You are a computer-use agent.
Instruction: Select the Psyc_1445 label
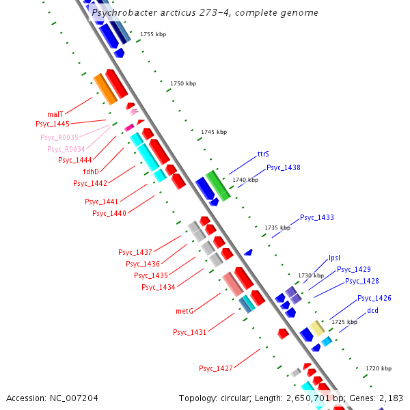53,124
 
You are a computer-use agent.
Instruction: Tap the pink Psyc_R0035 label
59,137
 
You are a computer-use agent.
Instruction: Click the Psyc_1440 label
109,213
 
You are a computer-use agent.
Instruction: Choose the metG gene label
184,311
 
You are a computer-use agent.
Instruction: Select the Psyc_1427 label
216,368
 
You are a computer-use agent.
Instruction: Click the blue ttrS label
263,154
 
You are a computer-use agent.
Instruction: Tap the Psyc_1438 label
283,167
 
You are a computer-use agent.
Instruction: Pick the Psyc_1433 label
317,217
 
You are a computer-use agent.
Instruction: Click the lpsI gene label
334,258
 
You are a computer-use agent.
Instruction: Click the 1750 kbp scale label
183,83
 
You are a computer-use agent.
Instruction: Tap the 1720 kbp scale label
378,368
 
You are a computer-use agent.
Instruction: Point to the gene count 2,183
390,398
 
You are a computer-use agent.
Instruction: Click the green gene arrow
219,185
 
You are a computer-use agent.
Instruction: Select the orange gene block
105,89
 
